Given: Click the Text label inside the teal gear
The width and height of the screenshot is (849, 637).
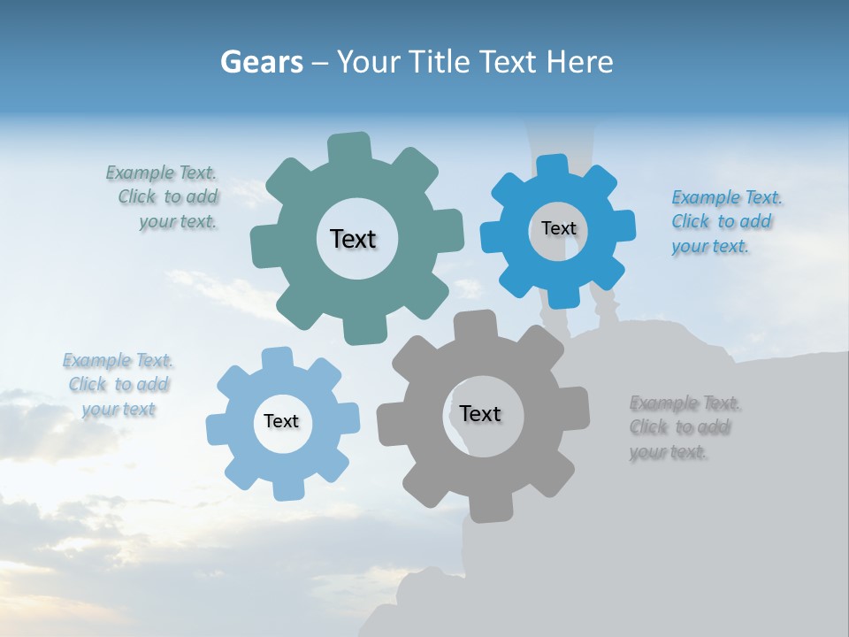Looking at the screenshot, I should [353, 239].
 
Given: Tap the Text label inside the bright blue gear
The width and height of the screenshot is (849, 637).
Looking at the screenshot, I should [558, 228].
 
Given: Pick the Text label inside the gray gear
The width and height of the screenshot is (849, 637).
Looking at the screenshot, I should [480, 413].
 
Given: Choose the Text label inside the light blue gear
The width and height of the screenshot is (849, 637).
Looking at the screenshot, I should [281, 421].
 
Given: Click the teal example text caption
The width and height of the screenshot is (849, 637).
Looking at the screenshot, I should [162, 197].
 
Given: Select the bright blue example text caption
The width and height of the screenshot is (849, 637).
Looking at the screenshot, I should [726, 222].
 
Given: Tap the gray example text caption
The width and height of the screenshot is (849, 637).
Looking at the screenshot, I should [685, 427].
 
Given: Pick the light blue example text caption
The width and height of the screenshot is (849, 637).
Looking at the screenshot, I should [118, 385].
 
